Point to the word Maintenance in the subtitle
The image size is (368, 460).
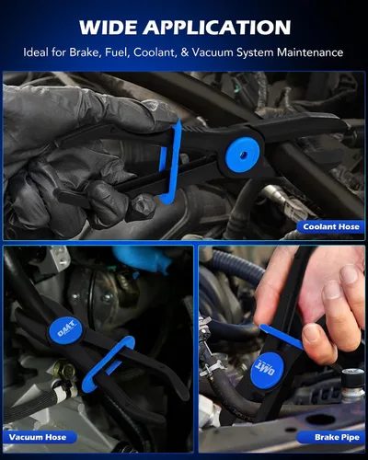310,52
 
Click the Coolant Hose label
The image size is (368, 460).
331,226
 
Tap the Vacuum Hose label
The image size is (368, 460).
38,437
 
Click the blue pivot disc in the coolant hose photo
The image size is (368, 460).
243,154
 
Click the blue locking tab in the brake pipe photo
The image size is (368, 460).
281,336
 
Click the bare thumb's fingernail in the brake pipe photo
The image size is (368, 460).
312,333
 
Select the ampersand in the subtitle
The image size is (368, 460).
185,52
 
